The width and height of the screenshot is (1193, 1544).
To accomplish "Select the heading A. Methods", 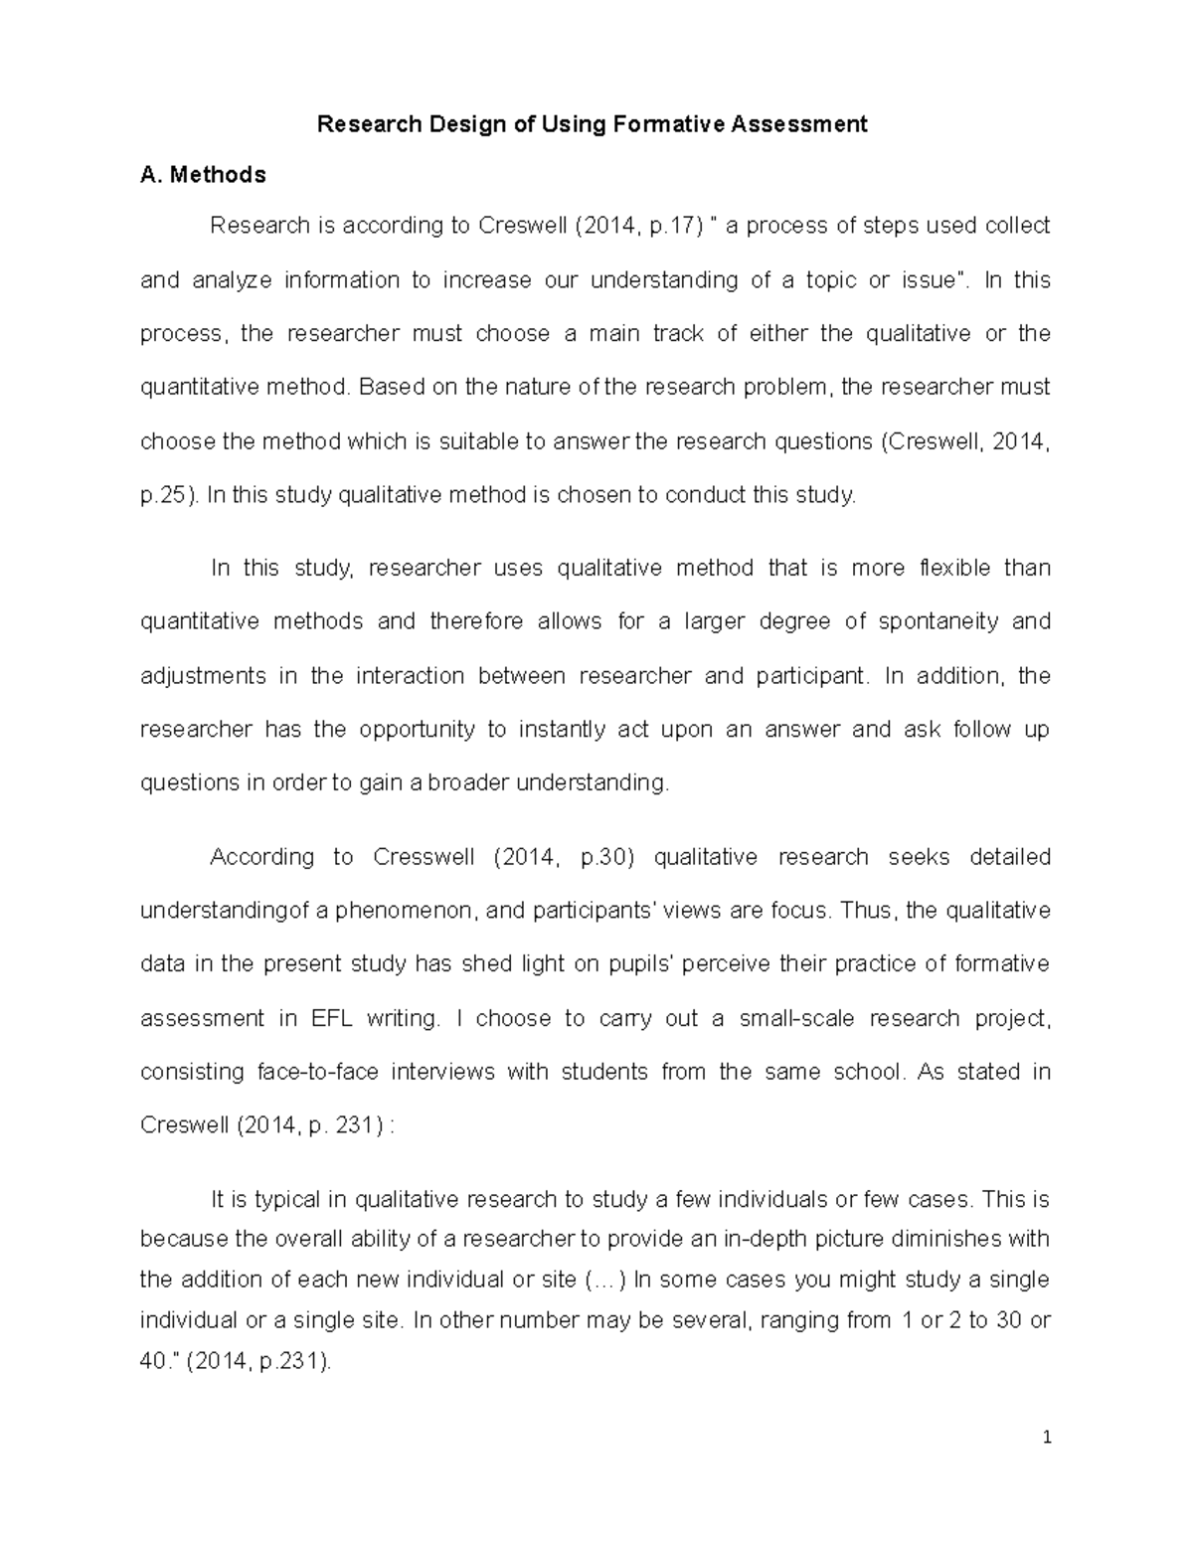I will click(x=203, y=176).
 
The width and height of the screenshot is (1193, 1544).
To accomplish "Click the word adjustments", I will click(x=203, y=677).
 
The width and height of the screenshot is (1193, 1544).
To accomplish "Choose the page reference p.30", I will click(x=602, y=858).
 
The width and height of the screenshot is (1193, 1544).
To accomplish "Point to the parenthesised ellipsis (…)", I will click(x=606, y=1281).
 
